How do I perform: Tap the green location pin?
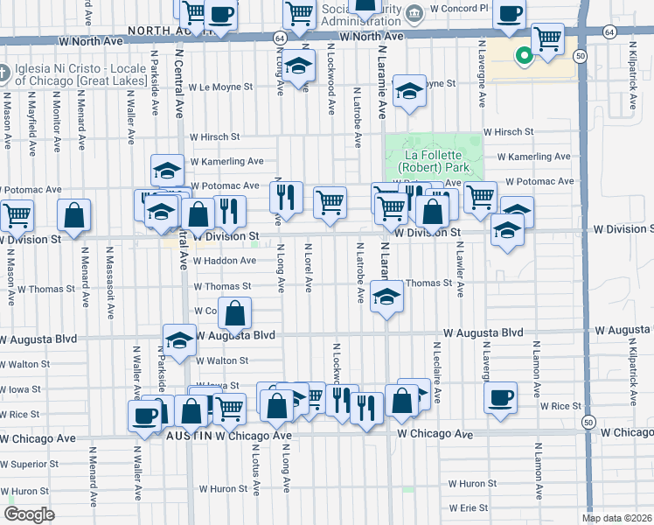click(524, 57)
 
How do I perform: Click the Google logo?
click(29, 514)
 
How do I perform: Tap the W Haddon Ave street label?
click(225, 260)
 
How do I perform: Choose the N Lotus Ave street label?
click(255, 472)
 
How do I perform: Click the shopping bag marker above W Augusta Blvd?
click(235, 314)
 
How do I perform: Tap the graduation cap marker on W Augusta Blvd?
click(179, 339)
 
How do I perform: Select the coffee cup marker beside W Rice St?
click(501, 397)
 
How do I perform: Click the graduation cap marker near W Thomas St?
click(385, 297)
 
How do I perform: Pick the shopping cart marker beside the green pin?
click(548, 38)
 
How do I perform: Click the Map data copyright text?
click(616, 518)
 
